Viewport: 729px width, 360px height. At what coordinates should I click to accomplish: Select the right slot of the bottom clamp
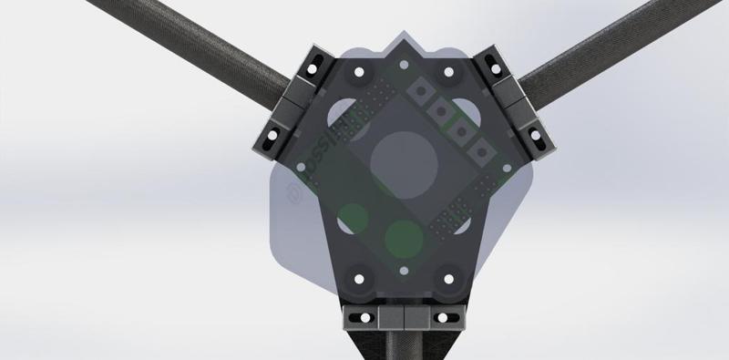coord(444,317)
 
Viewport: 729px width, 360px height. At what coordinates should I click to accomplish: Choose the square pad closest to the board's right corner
coord(477,146)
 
